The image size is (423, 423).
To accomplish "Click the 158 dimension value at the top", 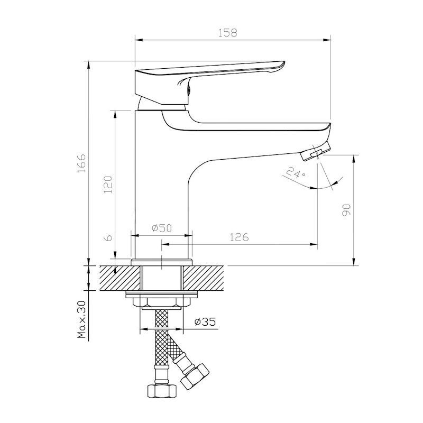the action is [228, 33].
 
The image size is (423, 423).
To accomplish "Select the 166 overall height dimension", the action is [81, 163].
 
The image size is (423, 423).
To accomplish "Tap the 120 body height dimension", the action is [108, 184].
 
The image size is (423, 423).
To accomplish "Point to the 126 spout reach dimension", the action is [240, 237].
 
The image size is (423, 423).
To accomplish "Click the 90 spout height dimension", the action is [346, 210].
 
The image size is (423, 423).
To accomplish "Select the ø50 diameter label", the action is [162, 228].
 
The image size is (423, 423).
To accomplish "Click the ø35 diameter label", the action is [205, 321].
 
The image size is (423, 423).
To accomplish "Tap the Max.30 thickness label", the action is [81, 320].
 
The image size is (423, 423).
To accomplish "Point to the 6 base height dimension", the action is [108, 237].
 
